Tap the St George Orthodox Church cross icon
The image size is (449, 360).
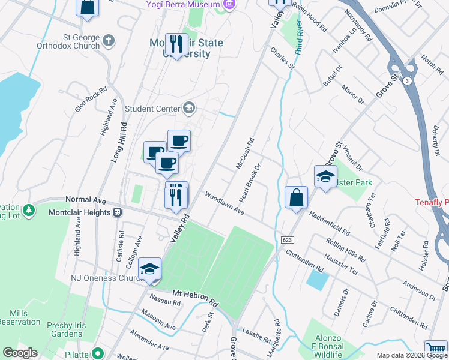pyautogui.click(x=108, y=41)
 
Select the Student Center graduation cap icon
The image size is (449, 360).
pyautogui.click(x=189, y=108)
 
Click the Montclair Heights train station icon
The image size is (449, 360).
pyautogui.click(x=118, y=212)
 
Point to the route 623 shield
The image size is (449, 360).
pyautogui.click(x=286, y=240)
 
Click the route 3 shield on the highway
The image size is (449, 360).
pyautogui.click(x=408, y=80)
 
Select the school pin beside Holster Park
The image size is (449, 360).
pyautogui.click(x=325, y=177)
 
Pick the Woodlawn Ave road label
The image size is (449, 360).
pyautogui.click(x=224, y=204)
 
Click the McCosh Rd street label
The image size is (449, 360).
pyautogui.click(x=246, y=154)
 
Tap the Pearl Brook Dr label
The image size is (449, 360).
pyautogui.click(x=250, y=182)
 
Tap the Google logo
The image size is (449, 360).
pyautogui.click(x=20, y=353)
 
